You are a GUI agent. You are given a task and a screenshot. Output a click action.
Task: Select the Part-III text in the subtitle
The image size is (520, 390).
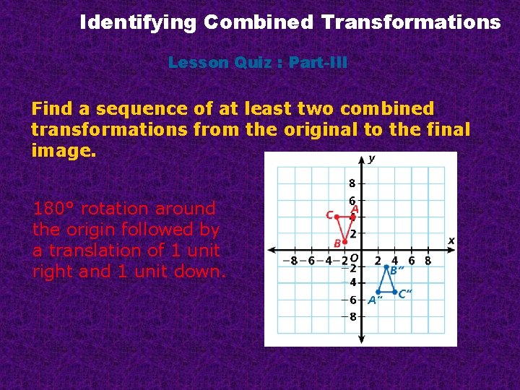318,63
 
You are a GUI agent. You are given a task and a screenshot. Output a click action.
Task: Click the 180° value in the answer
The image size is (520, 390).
54,209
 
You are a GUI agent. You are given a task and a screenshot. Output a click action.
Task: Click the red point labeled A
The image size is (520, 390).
352,217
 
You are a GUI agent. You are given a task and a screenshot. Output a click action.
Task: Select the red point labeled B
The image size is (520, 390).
345,242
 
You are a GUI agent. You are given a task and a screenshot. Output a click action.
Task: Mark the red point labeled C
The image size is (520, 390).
337,216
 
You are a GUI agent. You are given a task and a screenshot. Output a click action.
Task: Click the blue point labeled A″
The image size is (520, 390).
377,292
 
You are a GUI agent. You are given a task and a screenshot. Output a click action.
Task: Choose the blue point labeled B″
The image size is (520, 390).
386,266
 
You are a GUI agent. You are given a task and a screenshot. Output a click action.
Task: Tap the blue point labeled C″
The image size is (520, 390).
394,292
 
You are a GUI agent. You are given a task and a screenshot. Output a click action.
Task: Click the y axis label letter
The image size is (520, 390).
372,159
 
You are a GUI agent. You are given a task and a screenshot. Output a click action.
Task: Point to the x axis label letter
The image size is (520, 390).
451,240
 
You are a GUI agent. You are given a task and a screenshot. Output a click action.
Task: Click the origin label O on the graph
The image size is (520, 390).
354,258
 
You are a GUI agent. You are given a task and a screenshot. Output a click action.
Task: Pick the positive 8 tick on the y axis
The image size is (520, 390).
352,183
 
